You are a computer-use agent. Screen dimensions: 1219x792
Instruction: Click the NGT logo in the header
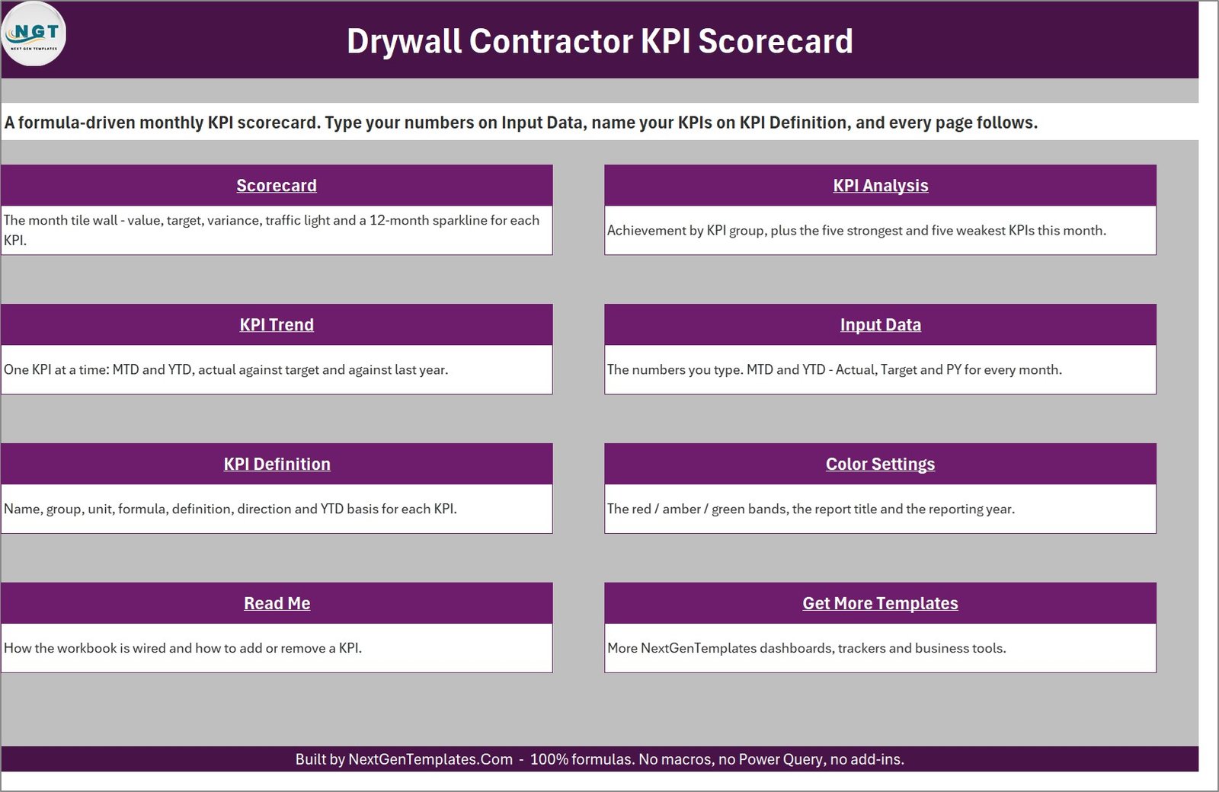coord(34,34)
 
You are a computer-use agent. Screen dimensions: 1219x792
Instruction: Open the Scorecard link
coord(277,186)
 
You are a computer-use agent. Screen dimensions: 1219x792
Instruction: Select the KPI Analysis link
coord(881,186)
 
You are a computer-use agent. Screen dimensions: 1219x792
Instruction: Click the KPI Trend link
coord(277,324)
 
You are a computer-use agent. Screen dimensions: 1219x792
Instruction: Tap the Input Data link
coord(881,324)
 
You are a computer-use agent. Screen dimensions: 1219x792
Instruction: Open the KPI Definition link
coord(277,464)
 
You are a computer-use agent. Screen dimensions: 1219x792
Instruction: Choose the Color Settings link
coord(881,464)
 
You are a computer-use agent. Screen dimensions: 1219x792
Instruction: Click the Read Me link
coord(277,603)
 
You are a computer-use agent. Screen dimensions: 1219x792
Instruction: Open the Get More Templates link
coord(881,603)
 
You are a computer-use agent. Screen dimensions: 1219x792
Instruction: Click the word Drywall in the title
coord(405,42)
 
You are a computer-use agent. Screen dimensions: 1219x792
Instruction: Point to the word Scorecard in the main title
coord(776,41)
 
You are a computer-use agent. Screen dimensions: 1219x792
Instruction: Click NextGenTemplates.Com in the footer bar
coord(430,759)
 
